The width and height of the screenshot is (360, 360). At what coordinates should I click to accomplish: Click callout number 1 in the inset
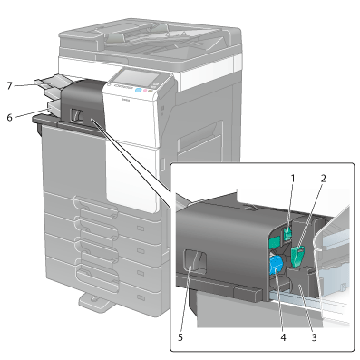pos(292,179)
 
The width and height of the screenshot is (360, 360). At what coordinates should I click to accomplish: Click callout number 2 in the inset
pos(323,179)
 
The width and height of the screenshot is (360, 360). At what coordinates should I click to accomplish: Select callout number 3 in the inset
pos(315,337)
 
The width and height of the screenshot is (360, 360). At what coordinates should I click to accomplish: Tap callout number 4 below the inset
pos(283,337)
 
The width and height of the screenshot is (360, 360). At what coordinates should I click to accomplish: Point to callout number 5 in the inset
pos(180,337)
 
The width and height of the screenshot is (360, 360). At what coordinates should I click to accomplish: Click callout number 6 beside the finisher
pos(10,118)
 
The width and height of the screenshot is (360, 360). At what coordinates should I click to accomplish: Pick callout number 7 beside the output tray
pos(10,86)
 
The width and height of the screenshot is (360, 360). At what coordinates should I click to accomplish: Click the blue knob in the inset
pos(276,265)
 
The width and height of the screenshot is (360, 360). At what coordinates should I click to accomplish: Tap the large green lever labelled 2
pos(298,257)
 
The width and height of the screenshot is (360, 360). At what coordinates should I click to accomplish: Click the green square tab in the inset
pos(274,243)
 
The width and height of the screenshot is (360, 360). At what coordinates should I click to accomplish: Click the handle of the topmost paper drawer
pos(96,207)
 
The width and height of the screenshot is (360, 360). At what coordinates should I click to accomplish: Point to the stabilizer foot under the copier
pos(97,302)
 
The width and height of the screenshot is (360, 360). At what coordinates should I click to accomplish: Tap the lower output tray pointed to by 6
pos(54,106)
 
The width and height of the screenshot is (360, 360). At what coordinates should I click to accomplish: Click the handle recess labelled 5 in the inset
pos(195,261)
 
